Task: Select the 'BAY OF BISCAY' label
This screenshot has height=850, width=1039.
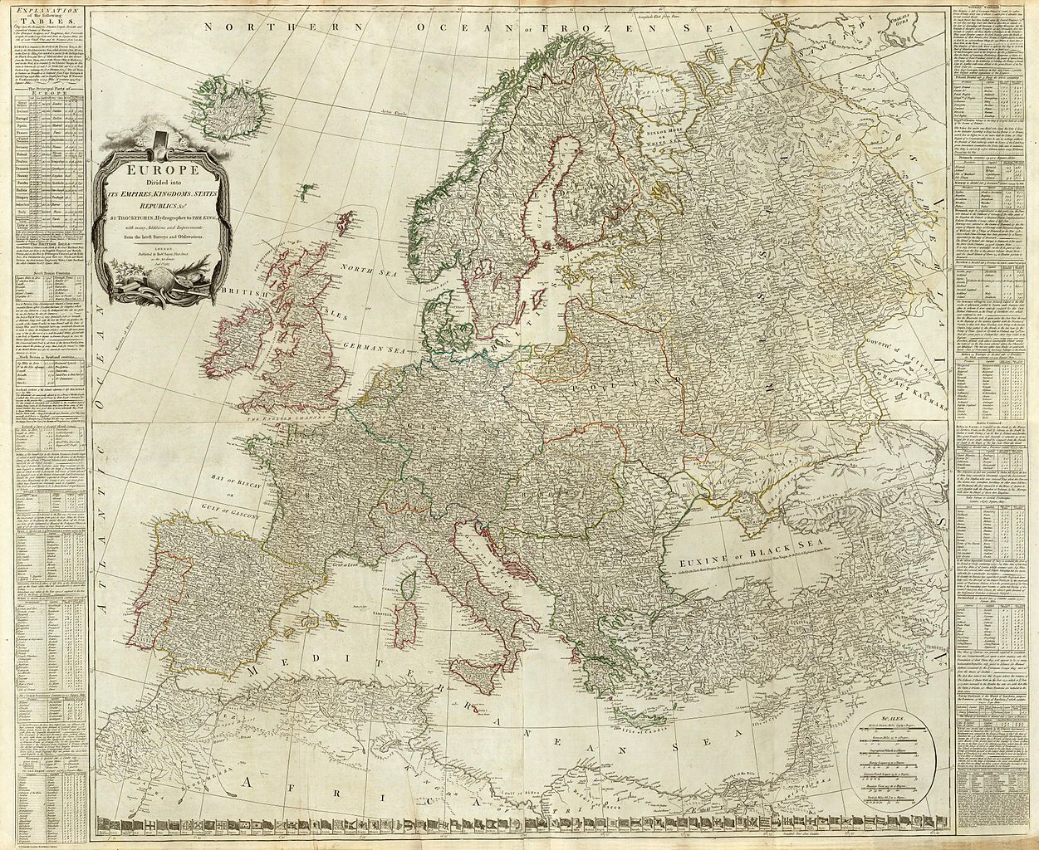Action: pos(218,480)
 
